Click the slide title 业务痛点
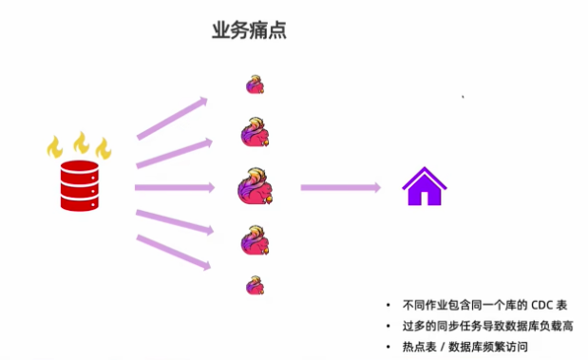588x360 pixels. (249, 29)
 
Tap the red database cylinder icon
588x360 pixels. (79, 185)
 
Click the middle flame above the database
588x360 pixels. (81, 142)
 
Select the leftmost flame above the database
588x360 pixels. (55, 147)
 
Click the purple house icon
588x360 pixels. (425, 186)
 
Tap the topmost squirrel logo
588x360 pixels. (255, 85)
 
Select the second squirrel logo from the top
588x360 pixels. (256, 131)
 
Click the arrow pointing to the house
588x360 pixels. (340, 187)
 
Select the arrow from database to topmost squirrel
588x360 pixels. (172, 117)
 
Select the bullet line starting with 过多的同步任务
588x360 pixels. (488, 326)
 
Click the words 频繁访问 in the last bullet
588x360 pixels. (508, 347)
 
